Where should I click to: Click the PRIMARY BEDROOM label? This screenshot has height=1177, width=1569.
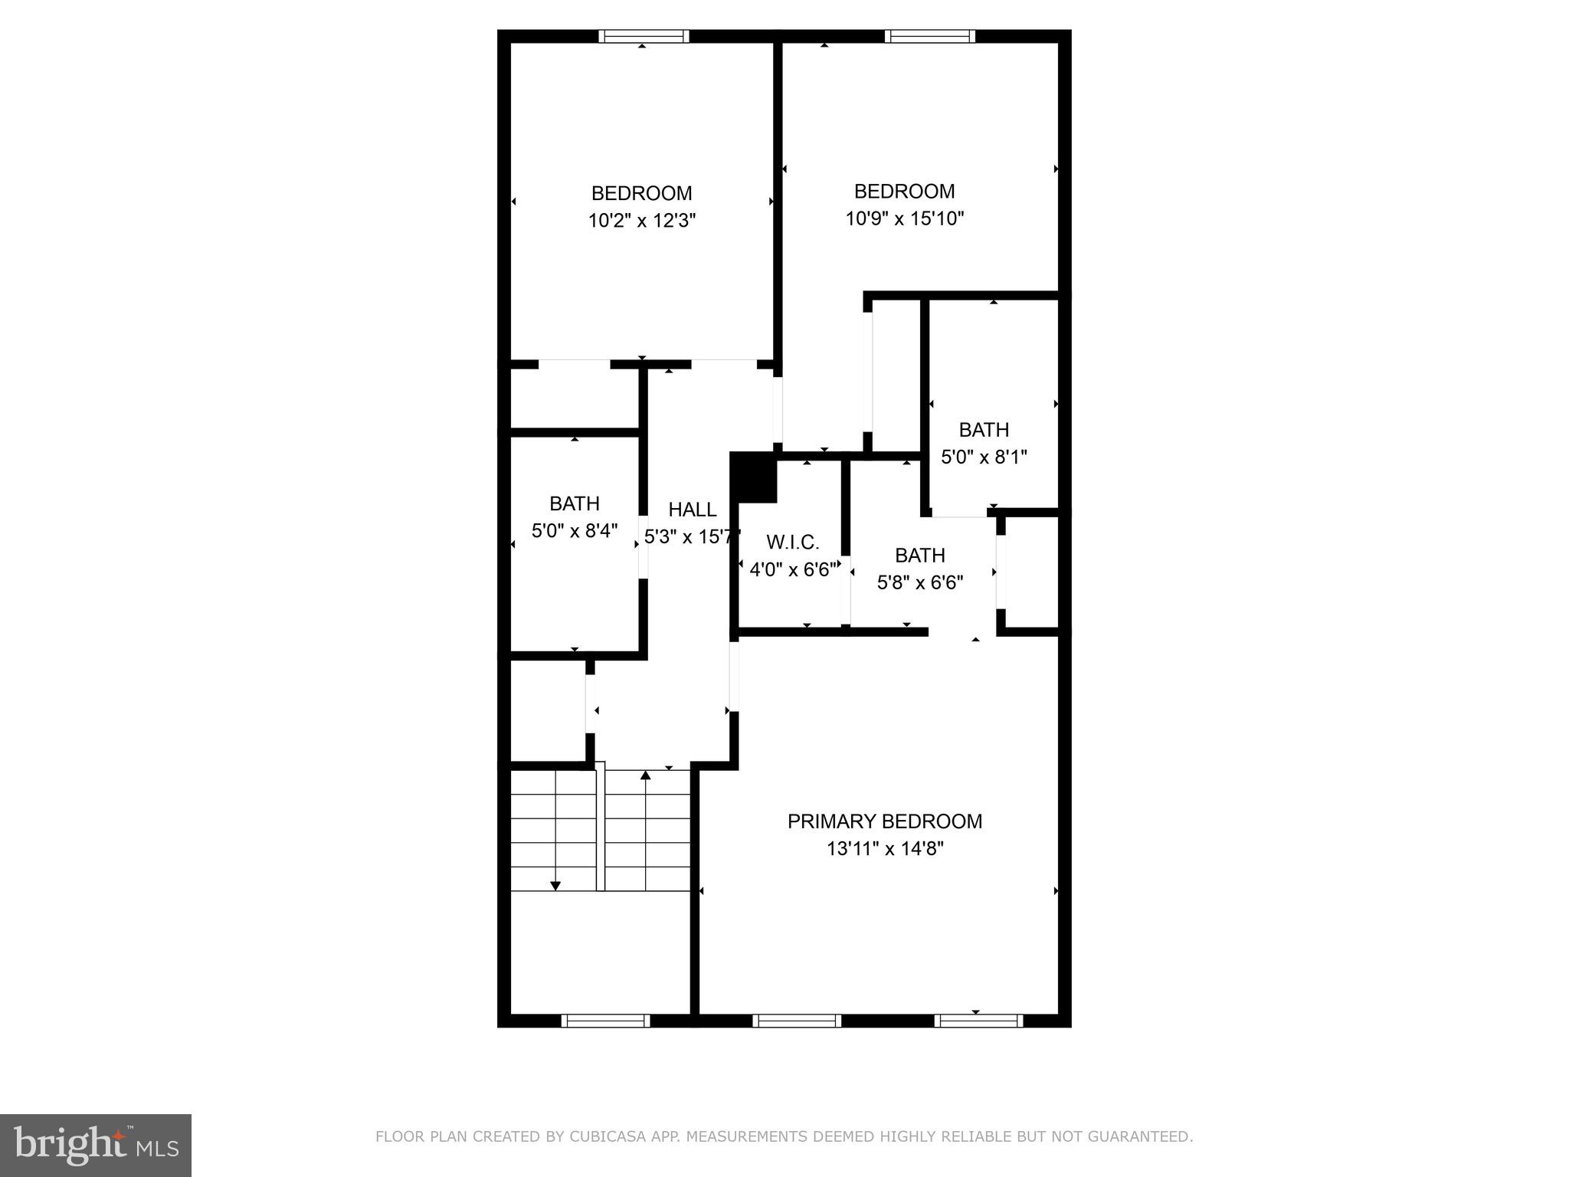884,821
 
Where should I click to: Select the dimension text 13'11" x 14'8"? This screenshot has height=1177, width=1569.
884,849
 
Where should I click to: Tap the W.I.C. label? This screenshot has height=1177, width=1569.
793,543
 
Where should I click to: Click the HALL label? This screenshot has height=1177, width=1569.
693,510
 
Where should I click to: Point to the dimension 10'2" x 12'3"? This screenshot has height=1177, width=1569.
642,221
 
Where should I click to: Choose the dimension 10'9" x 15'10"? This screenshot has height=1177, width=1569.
904,219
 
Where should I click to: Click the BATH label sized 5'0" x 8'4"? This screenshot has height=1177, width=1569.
574,503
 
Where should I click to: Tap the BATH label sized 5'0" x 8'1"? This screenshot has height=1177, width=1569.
984,430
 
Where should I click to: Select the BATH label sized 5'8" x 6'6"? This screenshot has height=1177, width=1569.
919,555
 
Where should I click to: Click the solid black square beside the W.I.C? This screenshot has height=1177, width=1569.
755,477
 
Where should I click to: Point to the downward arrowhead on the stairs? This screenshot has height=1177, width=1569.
555,886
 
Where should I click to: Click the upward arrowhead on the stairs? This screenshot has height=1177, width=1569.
645,775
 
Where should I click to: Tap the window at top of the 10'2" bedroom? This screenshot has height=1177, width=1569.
644,36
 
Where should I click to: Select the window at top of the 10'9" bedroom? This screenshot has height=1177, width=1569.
930,36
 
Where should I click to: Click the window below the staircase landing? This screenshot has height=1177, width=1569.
605,1021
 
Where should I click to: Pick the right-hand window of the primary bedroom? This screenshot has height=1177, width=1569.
978,1021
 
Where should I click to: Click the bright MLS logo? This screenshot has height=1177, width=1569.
96,1144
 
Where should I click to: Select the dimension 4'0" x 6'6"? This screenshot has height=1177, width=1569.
793,570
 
